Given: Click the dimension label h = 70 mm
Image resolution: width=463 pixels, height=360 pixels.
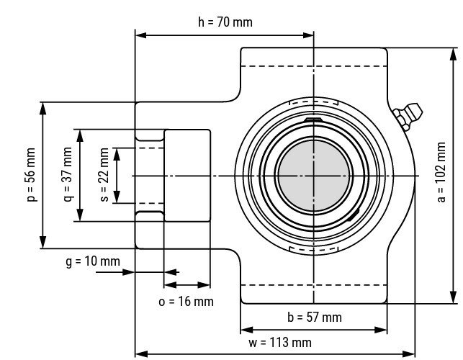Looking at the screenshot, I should point(225,22).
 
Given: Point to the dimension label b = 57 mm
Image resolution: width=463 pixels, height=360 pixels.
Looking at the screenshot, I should point(314,317).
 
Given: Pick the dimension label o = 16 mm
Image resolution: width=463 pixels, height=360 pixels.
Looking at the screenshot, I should point(186,301).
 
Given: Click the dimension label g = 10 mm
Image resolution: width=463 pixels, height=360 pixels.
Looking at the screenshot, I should point(93,261).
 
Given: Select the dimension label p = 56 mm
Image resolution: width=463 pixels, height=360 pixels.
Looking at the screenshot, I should point(31,176).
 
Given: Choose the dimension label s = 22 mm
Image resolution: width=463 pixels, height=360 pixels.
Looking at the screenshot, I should point(104,176).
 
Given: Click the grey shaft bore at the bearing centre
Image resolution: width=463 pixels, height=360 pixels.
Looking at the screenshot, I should point(314,176).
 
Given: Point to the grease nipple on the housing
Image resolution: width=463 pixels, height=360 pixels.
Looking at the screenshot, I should point(408,117).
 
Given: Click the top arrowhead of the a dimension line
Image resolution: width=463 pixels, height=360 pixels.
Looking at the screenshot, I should point(454,53).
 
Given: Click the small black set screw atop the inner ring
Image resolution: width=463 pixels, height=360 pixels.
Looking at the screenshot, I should point(314,120).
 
